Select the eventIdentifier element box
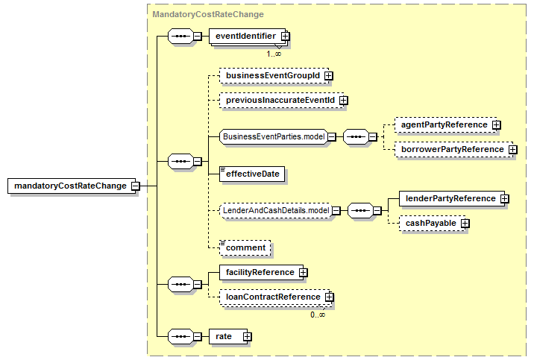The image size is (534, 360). (x=248, y=36)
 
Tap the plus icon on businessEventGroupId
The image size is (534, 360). (x=329, y=76)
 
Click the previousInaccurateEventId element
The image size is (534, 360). (x=282, y=101)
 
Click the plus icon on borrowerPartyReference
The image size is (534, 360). (x=513, y=150)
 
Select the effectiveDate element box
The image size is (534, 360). (x=252, y=174)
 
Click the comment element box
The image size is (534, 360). (x=245, y=247)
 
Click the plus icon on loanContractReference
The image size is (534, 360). (x=329, y=297)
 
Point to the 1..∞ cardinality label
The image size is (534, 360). (x=274, y=54)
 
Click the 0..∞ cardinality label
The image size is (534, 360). (x=318, y=315)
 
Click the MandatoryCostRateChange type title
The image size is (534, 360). (x=208, y=14)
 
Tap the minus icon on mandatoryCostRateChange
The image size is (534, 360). (x=136, y=186)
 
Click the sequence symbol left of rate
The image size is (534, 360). (x=180, y=337)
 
